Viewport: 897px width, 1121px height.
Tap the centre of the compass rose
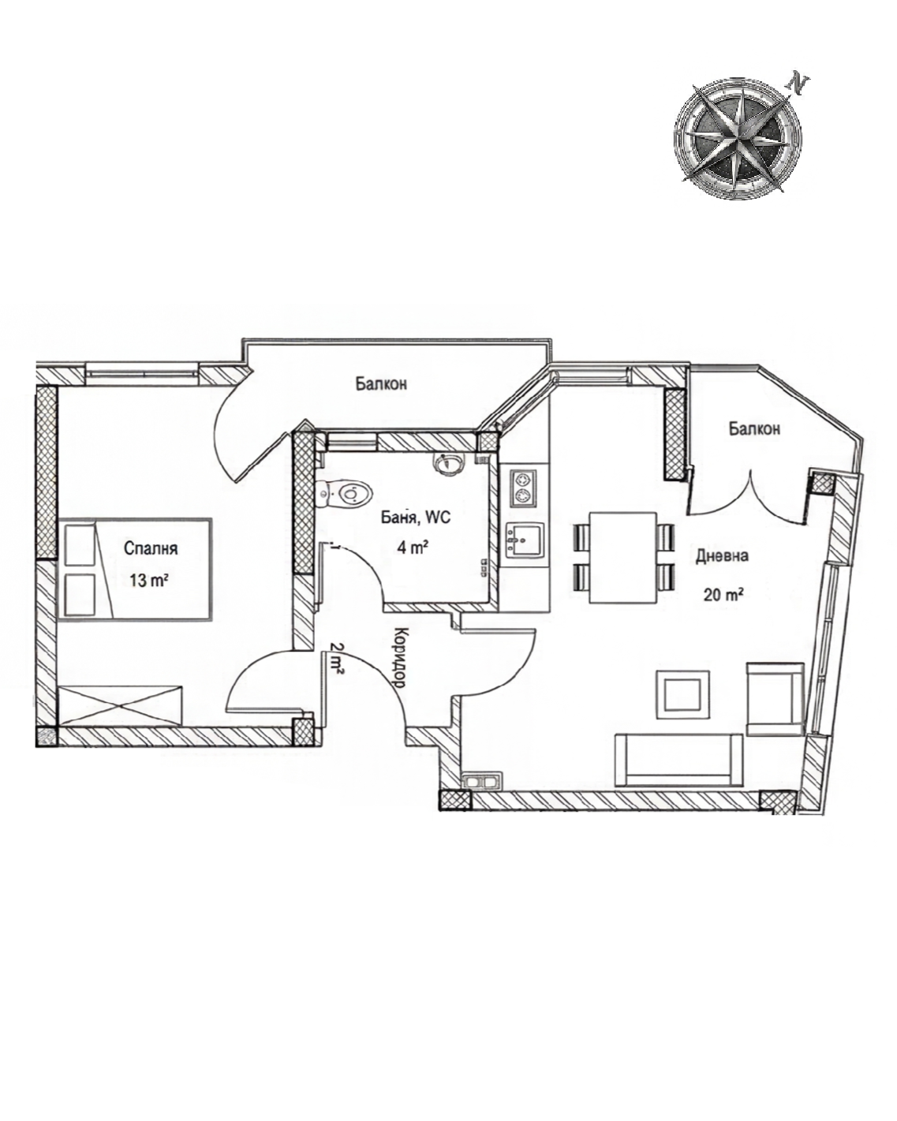[x=738, y=137]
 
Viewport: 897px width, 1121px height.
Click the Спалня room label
[x=151, y=548]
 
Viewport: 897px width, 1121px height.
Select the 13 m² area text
[x=149, y=581]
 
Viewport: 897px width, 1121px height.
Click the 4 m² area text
[x=413, y=547]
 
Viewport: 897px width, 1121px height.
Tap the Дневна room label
[x=723, y=556]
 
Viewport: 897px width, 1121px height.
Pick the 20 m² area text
[x=723, y=594]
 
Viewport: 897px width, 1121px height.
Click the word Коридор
[x=400, y=657]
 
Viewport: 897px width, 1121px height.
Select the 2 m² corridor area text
[x=337, y=657]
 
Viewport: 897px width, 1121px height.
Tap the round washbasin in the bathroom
[x=447, y=463]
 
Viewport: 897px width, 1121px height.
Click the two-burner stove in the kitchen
[x=522, y=487]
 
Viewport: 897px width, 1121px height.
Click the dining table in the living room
[x=623, y=558]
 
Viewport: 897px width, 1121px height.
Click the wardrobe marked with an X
[x=121, y=705]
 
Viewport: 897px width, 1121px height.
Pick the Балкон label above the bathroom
[x=381, y=384]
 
